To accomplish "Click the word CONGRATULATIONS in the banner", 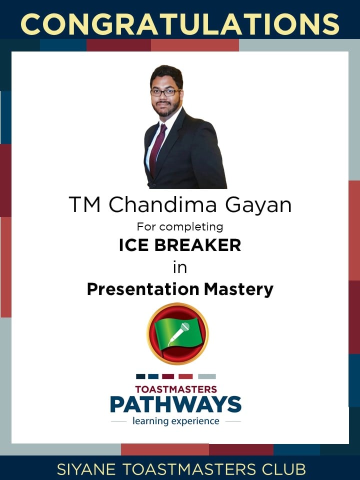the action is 180,24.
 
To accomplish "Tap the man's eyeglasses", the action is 165,92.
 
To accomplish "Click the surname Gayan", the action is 258,205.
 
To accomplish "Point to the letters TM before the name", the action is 85,204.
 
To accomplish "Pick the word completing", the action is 191,227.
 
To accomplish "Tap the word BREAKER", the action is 198,245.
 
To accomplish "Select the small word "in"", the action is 180,267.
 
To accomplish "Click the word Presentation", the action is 143,289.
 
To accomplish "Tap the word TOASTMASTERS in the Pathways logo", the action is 176,389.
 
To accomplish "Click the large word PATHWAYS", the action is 175,404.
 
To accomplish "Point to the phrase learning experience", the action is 175,421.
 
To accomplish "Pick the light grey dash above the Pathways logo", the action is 207,376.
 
